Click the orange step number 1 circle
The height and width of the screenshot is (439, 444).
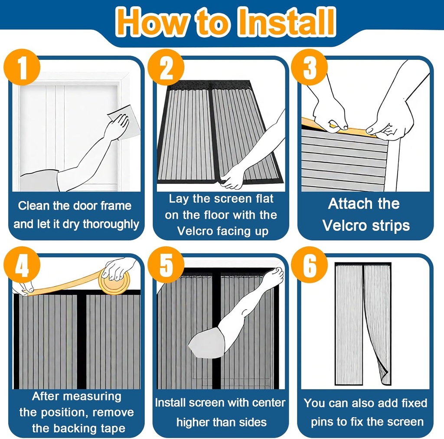pyautogui.click(x=22, y=67)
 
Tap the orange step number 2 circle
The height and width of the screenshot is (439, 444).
pyautogui.click(x=166, y=67)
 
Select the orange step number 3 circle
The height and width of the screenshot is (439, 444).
pyautogui.click(x=310, y=67)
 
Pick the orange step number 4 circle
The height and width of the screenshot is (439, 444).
pyautogui.click(x=22, y=265)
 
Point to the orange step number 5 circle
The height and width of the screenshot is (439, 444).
pyautogui.click(x=166, y=265)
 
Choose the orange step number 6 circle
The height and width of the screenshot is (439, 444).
pyautogui.click(x=310, y=265)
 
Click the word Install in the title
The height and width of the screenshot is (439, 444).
pyautogui.click(x=287, y=22)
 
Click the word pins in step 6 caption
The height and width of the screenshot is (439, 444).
pyautogui.click(x=322, y=422)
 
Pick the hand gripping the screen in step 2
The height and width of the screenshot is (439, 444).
pyautogui.click(x=232, y=178)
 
